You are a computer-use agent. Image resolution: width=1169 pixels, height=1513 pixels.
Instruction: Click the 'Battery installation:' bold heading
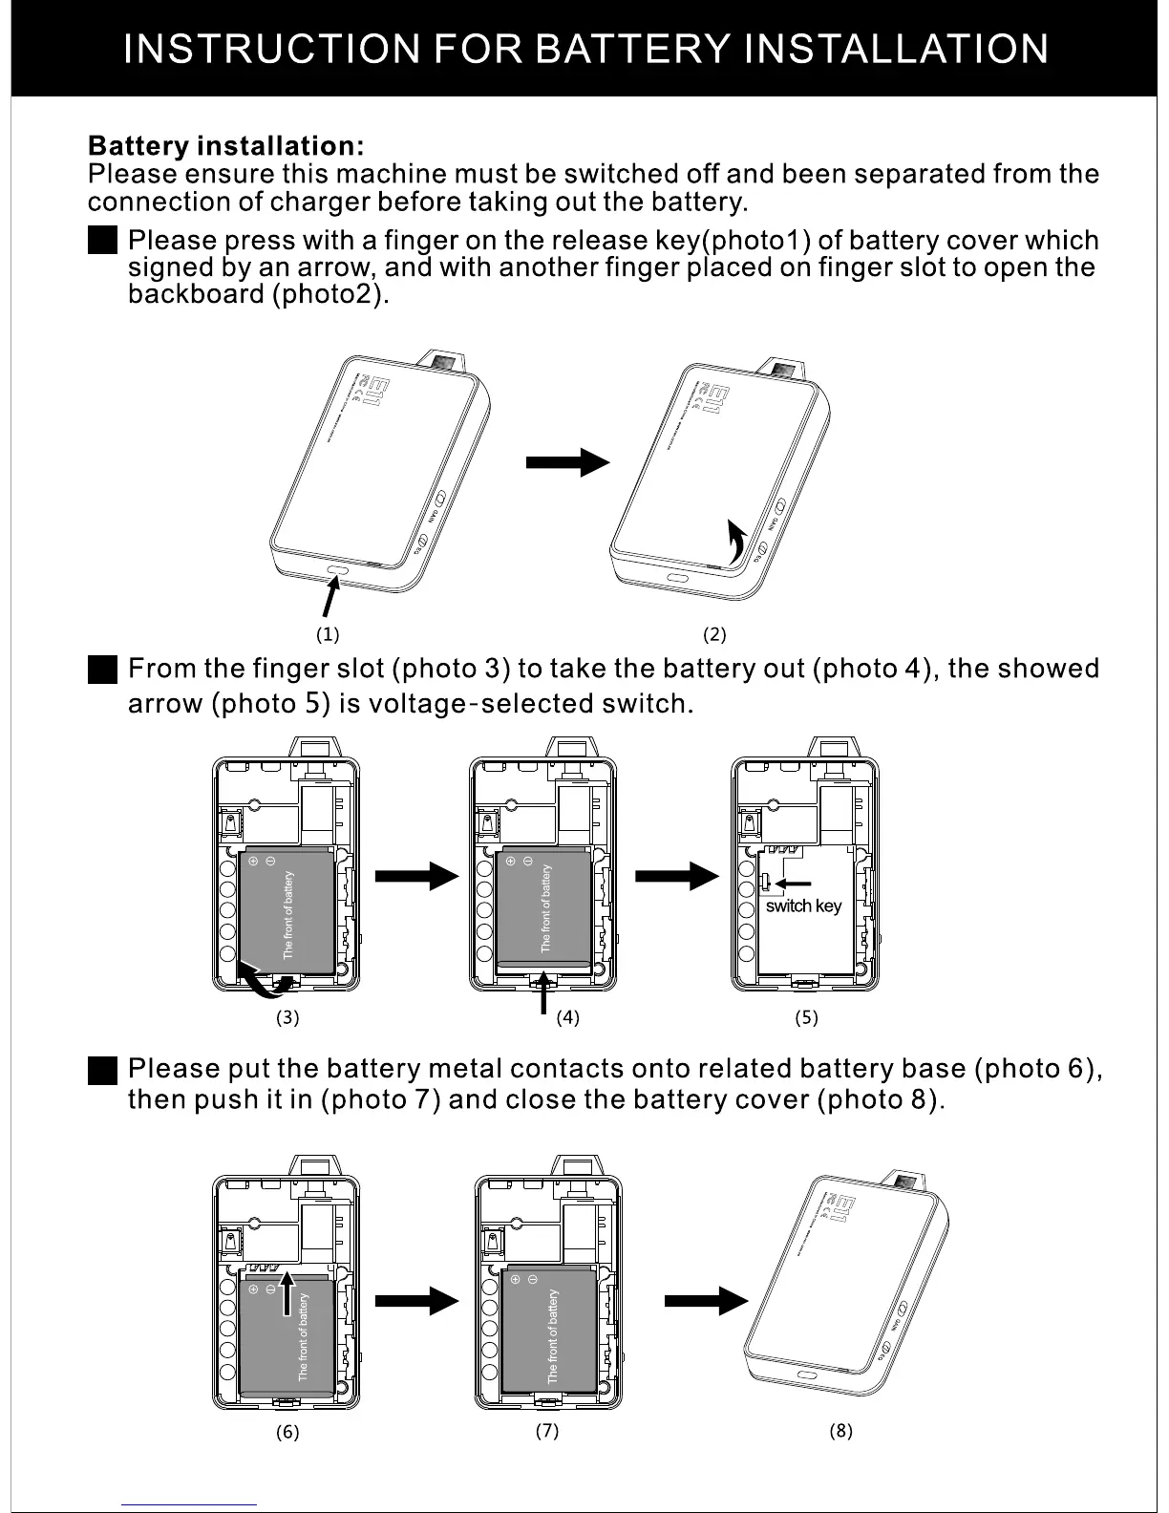click(225, 146)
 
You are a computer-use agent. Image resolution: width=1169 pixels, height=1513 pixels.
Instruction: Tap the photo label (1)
click(328, 633)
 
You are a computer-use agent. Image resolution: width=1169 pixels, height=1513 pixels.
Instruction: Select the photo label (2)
click(714, 633)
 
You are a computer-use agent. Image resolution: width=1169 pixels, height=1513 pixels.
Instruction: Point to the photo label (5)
click(806, 1017)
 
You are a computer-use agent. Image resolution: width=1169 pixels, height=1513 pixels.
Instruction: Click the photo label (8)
click(840, 1430)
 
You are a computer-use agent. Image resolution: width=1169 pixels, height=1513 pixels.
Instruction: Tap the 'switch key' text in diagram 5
click(803, 906)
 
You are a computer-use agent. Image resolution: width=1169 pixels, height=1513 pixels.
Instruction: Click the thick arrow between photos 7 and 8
click(705, 1300)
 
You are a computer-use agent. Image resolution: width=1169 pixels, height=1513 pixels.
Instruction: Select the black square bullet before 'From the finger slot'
click(101, 670)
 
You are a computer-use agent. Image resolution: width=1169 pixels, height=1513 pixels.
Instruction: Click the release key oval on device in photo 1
click(339, 570)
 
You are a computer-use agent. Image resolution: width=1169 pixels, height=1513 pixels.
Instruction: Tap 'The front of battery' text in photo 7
click(552, 1336)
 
